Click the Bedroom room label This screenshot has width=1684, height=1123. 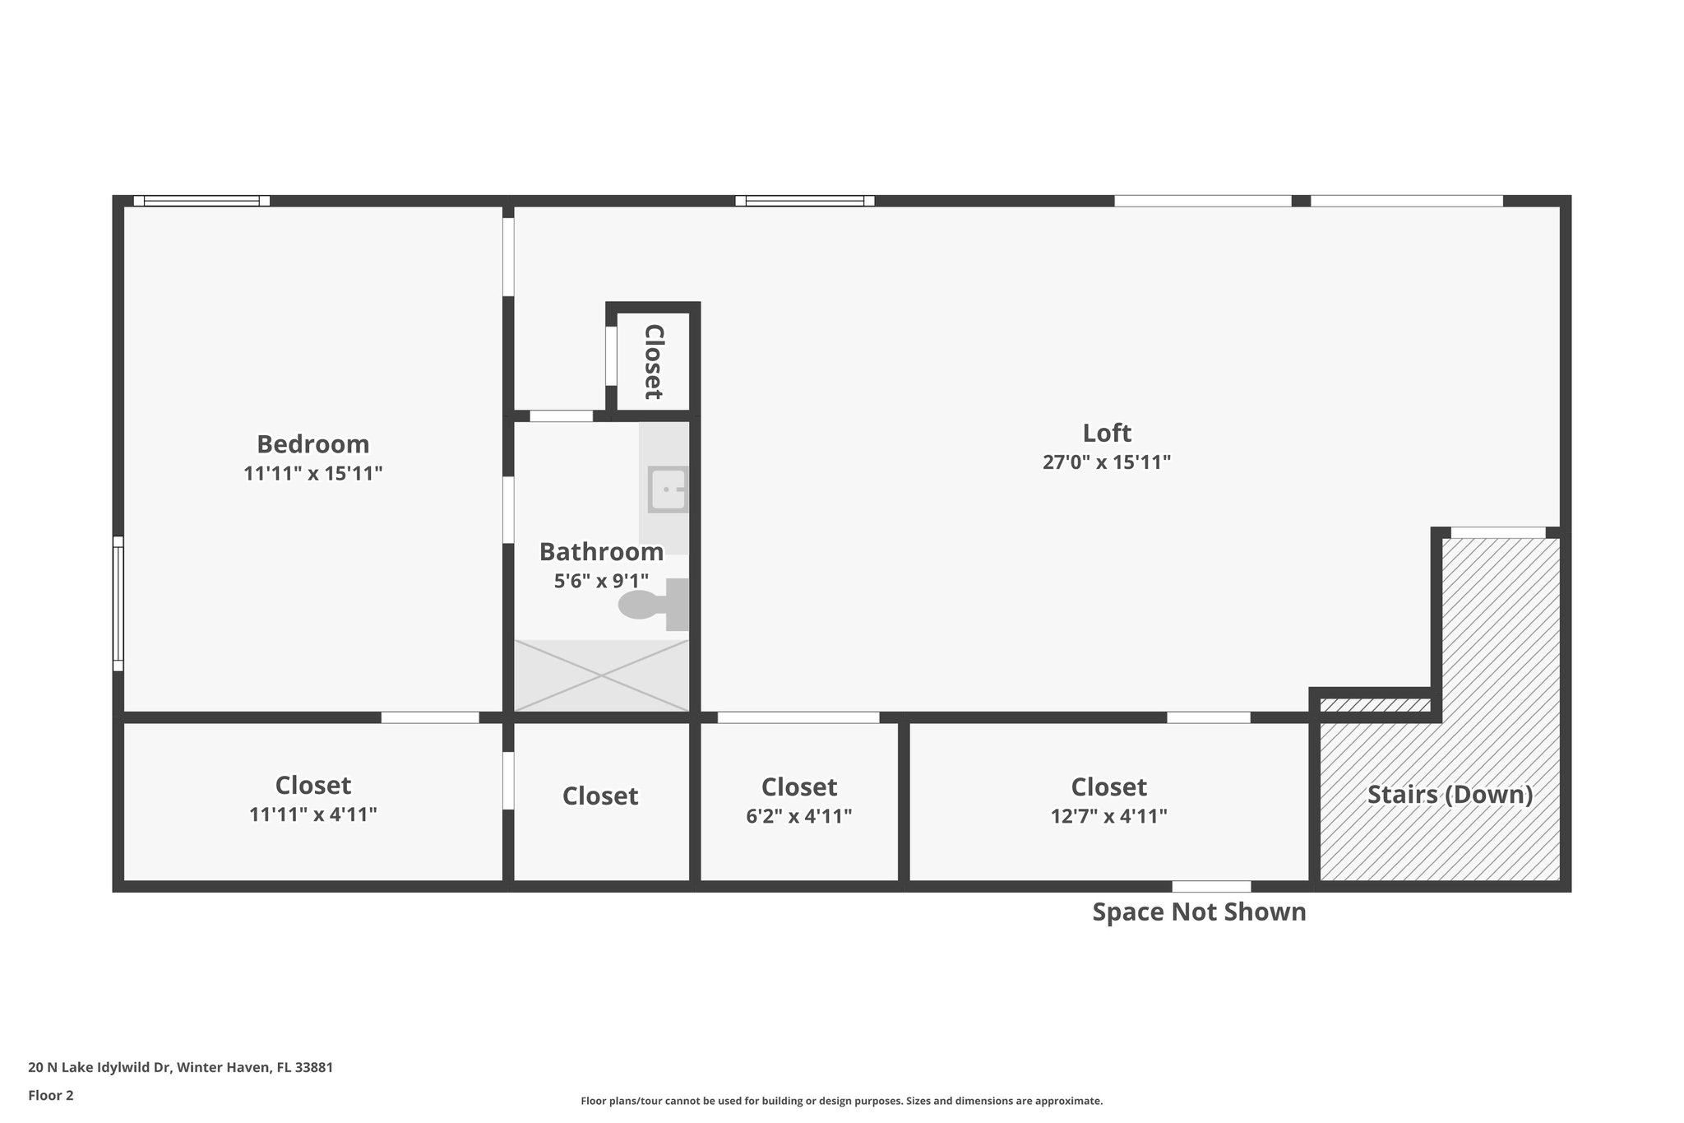(312, 444)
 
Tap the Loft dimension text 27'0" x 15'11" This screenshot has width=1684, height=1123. (1106, 462)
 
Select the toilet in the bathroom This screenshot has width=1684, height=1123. (650, 605)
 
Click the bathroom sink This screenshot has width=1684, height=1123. (667, 490)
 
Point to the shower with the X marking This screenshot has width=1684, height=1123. (601, 675)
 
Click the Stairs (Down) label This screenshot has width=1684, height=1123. (1450, 795)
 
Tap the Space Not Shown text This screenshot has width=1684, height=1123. (1199, 912)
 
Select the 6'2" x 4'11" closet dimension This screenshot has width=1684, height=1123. (798, 816)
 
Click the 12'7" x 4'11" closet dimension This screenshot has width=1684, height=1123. (1108, 816)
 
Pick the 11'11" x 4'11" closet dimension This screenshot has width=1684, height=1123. (312, 814)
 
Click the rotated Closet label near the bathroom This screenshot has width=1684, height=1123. (653, 361)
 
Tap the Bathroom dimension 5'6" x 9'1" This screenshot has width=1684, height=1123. (601, 581)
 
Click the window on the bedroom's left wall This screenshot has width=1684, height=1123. (118, 604)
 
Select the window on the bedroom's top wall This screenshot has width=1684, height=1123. (201, 201)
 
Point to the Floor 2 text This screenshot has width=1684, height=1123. (51, 1095)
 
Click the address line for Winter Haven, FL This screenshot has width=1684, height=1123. (180, 1067)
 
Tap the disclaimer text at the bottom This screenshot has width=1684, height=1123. (841, 1101)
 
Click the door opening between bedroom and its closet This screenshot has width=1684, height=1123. (430, 717)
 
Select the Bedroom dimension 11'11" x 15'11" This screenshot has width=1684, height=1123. (312, 474)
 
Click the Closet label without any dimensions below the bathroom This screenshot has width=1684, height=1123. (600, 796)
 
